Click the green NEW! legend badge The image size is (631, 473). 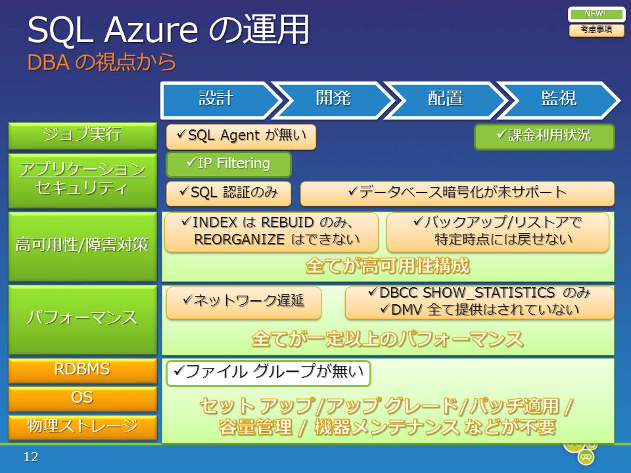pyautogui.click(x=596, y=14)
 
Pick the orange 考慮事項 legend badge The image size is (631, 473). pyautogui.click(x=596, y=30)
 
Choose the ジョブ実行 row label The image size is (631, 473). pyautogui.click(x=83, y=136)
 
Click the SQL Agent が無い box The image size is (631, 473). pyautogui.click(x=241, y=137)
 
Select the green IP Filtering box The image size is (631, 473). pyautogui.click(x=229, y=164)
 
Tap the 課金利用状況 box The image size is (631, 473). pyautogui.click(x=544, y=137)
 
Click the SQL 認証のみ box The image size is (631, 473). pyautogui.click(x=229, y=193)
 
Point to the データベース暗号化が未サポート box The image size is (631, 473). pyautogui.click(x=457, y=193)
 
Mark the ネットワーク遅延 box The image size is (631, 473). pyautogui.click(x=244, y=302)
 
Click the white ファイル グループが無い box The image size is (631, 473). pyautogui.click(x=268, y=373)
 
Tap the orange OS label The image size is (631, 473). pyautogui.click(x=83, y=399)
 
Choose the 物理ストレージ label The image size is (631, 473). pyautogui.click(x=83, y=427)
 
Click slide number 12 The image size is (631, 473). pyautogui.click(x=31, y=457)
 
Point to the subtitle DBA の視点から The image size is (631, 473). pyautogui.click(x=102, y=62)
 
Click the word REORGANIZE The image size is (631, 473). pyautogui.click(x=239, y=240)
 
